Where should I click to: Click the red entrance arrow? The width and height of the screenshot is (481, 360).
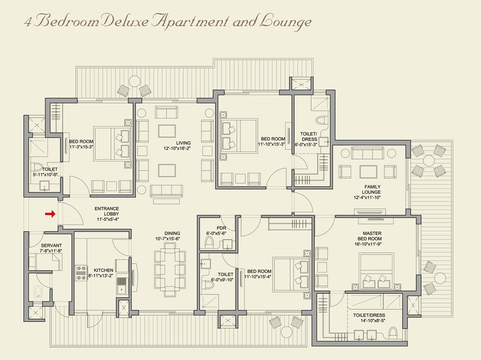[x=50, y=214]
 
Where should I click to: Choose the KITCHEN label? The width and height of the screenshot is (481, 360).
[x=103, y=270]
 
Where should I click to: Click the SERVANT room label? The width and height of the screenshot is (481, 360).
[x=51, y=245]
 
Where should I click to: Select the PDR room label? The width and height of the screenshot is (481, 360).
[x=222, y=228]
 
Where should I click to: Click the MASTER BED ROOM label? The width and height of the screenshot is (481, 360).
[x=372, y=236]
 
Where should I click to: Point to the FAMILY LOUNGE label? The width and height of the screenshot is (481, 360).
[x=372, y=189]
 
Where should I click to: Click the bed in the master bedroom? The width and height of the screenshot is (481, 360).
[x=376, y=271]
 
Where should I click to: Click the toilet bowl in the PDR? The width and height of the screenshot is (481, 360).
[x=209, y=242]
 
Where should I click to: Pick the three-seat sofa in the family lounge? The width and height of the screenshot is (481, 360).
[x=368, y=152]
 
